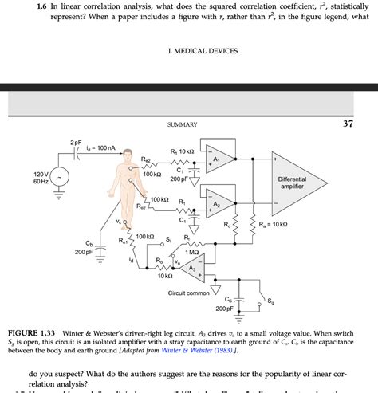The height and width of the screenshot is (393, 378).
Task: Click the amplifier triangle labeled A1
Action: pyautogui.click(x=218, y=159)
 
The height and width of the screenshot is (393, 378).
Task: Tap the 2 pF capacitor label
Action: pyautogui.click(x=76, y=142)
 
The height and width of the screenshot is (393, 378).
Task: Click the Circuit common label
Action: pyautogui.click(x=188, y=293)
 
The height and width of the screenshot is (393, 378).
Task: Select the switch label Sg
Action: pyautogui.click(x=270, y=301)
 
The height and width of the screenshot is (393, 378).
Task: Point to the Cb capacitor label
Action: pyautogui.click(x=89, y=242)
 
